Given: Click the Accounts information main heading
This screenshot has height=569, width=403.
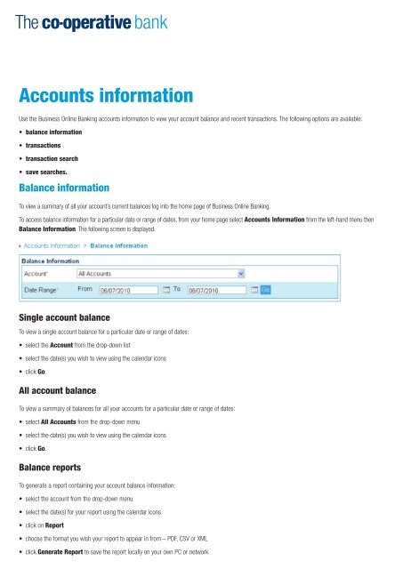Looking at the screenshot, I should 106,94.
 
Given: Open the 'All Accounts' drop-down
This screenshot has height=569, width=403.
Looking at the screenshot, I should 160,274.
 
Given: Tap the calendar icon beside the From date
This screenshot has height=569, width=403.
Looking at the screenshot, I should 165,289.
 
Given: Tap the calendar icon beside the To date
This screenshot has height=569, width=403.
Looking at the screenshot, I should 254,289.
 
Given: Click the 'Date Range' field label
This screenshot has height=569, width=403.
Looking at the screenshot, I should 44,289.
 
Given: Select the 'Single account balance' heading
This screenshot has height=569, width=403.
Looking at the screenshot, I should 69,317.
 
